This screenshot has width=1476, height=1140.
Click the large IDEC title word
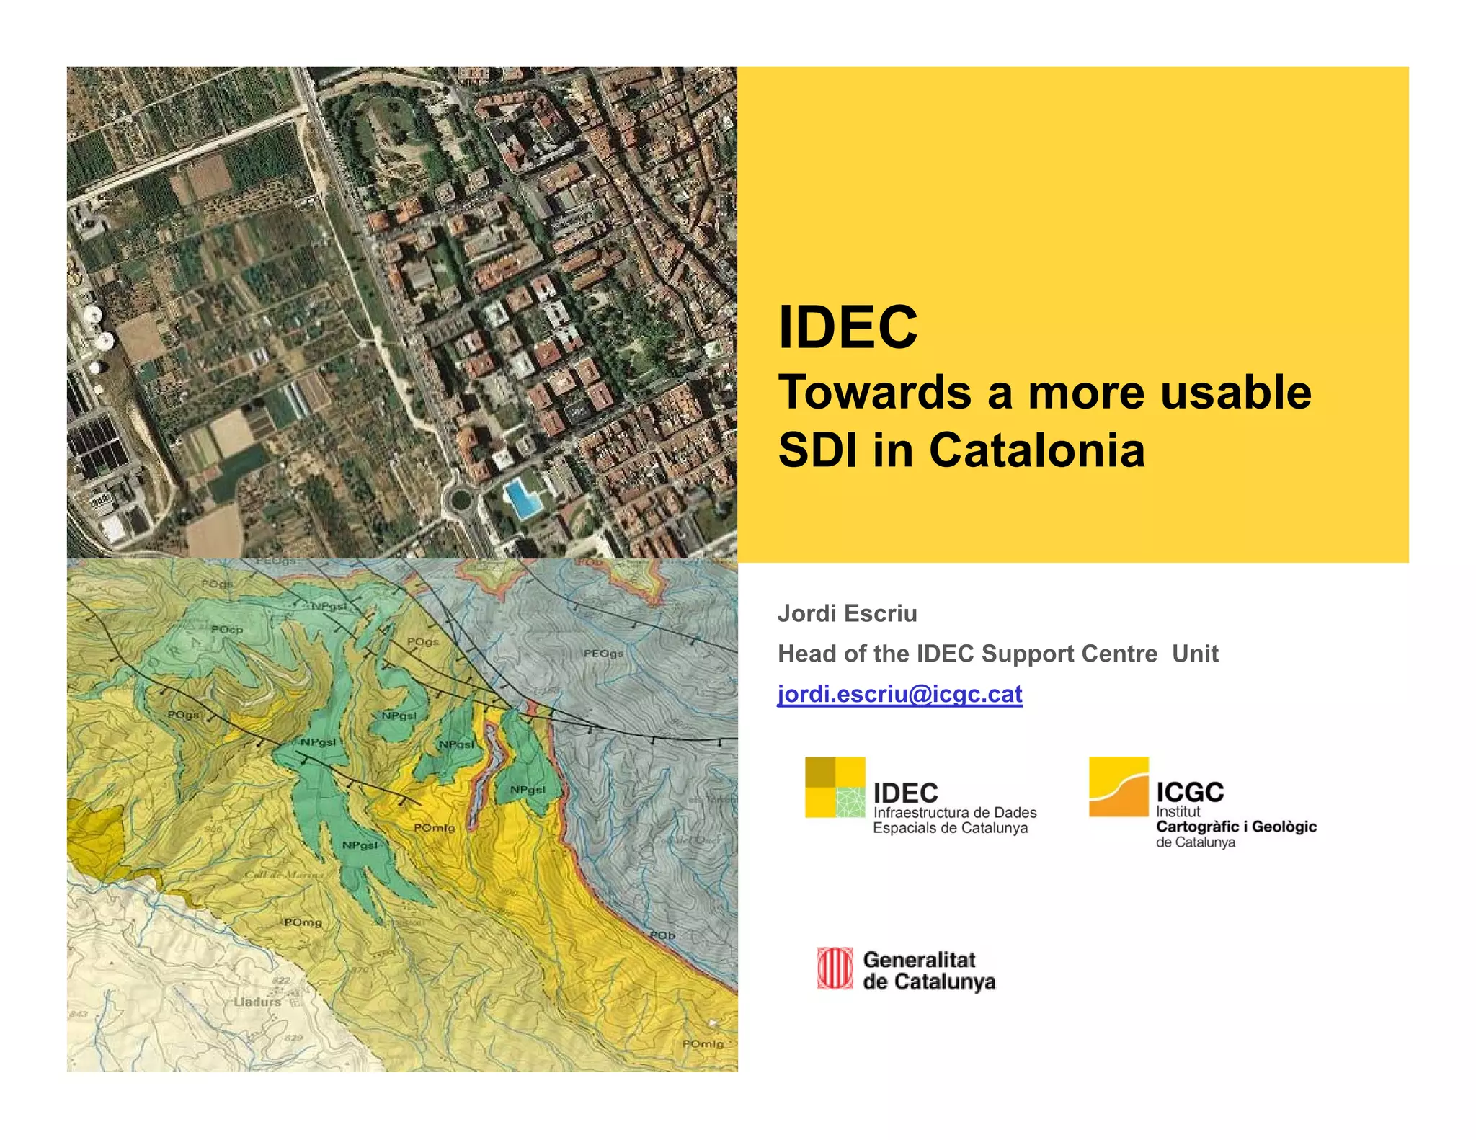[848, 328]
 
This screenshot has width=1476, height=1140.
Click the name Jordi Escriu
[847, 613]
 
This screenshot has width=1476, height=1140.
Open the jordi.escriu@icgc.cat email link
[899, 694]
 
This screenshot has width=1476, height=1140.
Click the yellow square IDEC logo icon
[835, 787]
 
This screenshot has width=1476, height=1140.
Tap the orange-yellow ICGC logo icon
[1118, 786]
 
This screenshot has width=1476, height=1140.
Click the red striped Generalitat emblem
[835, 968]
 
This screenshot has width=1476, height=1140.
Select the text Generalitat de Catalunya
[928, 971]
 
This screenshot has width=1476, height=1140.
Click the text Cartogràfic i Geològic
[1235, 827]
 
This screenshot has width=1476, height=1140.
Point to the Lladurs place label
[257, 1002]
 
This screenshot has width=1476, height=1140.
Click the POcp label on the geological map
[227, 630]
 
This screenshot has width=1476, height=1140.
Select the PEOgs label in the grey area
[603, 654]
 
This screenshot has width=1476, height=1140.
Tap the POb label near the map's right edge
[662, 935]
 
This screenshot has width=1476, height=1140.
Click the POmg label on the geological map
[303, 922]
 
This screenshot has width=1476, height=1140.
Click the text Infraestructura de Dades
[954, 812]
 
